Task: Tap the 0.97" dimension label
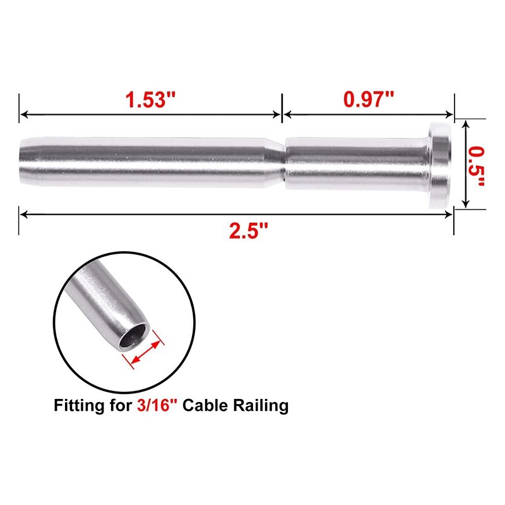369,99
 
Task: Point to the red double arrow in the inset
145,352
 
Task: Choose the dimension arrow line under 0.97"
369,114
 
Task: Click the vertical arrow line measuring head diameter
466,165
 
